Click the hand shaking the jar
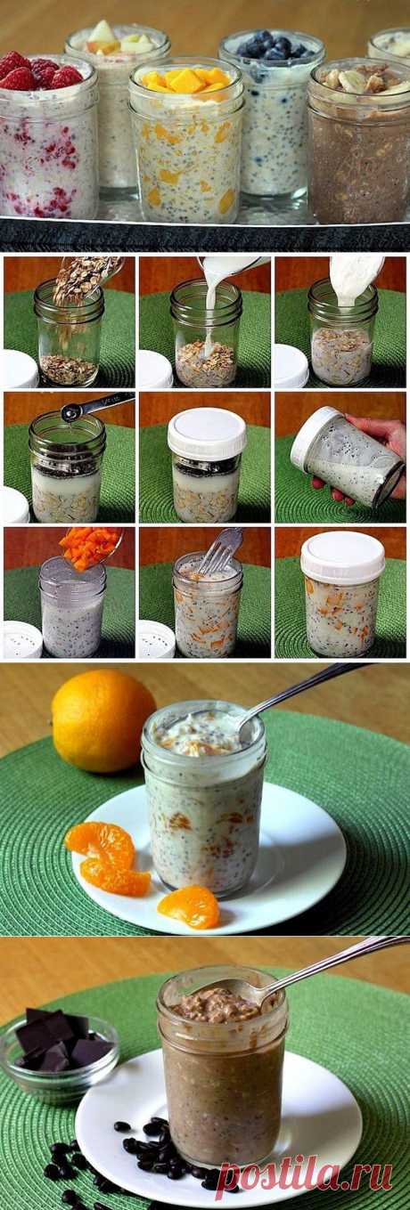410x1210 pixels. tap(379, 463)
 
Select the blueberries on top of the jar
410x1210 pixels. tap(272, 45)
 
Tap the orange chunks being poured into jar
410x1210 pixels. tap(90, 546)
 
